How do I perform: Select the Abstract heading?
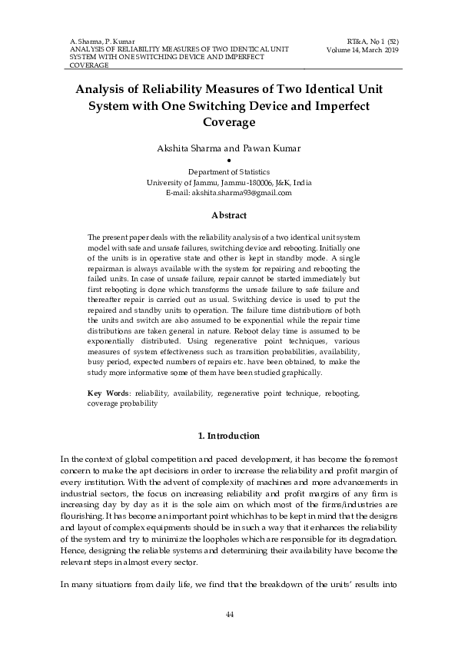228,216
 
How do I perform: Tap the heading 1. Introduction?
229,436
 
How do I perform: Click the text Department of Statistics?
228,171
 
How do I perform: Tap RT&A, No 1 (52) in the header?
372,38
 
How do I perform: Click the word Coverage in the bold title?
228,121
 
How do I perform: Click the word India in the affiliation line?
301,182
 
